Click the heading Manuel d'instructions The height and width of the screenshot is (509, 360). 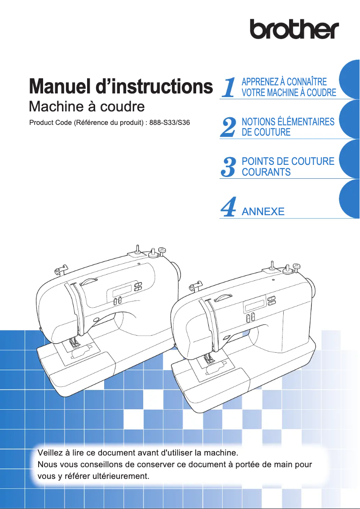coord(120,87)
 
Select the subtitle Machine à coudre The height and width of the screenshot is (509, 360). coord(87,107)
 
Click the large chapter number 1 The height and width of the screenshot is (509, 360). coord(229,88)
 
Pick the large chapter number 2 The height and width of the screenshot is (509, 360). coord(229,127)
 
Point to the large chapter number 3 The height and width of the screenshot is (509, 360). coord(229,167)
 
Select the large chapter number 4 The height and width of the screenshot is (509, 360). coord(229,207)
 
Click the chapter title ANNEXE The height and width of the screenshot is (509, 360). coord(263,211)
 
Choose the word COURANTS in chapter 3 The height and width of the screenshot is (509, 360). coord(266,172)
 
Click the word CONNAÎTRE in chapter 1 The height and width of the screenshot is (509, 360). coord(307,82)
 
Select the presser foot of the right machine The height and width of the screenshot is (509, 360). coord(208,359)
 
